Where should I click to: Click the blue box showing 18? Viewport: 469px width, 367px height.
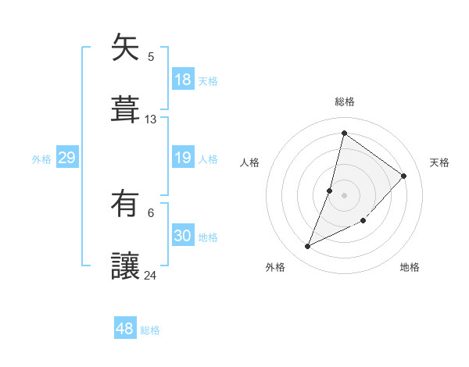pyautogui.click(x=182, y=80)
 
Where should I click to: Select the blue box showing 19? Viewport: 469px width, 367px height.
pyautogui.click(x=182, y=159)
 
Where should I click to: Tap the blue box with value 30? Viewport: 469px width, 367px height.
pyautogui.click(x=182, y=237)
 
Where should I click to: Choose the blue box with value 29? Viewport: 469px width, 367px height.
pyautogui.click(x=66, y=159)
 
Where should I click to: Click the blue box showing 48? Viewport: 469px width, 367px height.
pyautogui.click(x=125, y=329)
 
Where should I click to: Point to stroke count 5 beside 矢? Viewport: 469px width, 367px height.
pyautogui.click(x=151, y=56)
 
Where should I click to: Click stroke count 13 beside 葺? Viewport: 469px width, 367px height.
pyautogui.click(x=151, y=119)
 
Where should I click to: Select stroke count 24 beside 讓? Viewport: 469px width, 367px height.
pyautogui.click(x=151, y=275)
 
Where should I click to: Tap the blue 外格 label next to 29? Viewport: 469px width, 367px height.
pyautogui.click(x=41, y=159)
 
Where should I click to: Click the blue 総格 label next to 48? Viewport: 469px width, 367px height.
pyautogui.click(x=150, y=330)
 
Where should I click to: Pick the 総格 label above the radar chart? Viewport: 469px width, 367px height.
pyautogui.click(x=345, y=102)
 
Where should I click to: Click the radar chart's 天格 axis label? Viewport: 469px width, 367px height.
pyautogui.click(x=439, y=162)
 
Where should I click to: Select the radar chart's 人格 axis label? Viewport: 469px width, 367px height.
pyautogui.click(x=250, y=162)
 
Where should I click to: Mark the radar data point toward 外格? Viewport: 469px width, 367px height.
pyautogui.click(x=308, y=247)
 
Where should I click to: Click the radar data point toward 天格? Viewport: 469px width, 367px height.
pyautogui.click(x=404, y=176)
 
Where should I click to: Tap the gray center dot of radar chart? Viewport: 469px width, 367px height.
pyautogui.click(x=345, y=194)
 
